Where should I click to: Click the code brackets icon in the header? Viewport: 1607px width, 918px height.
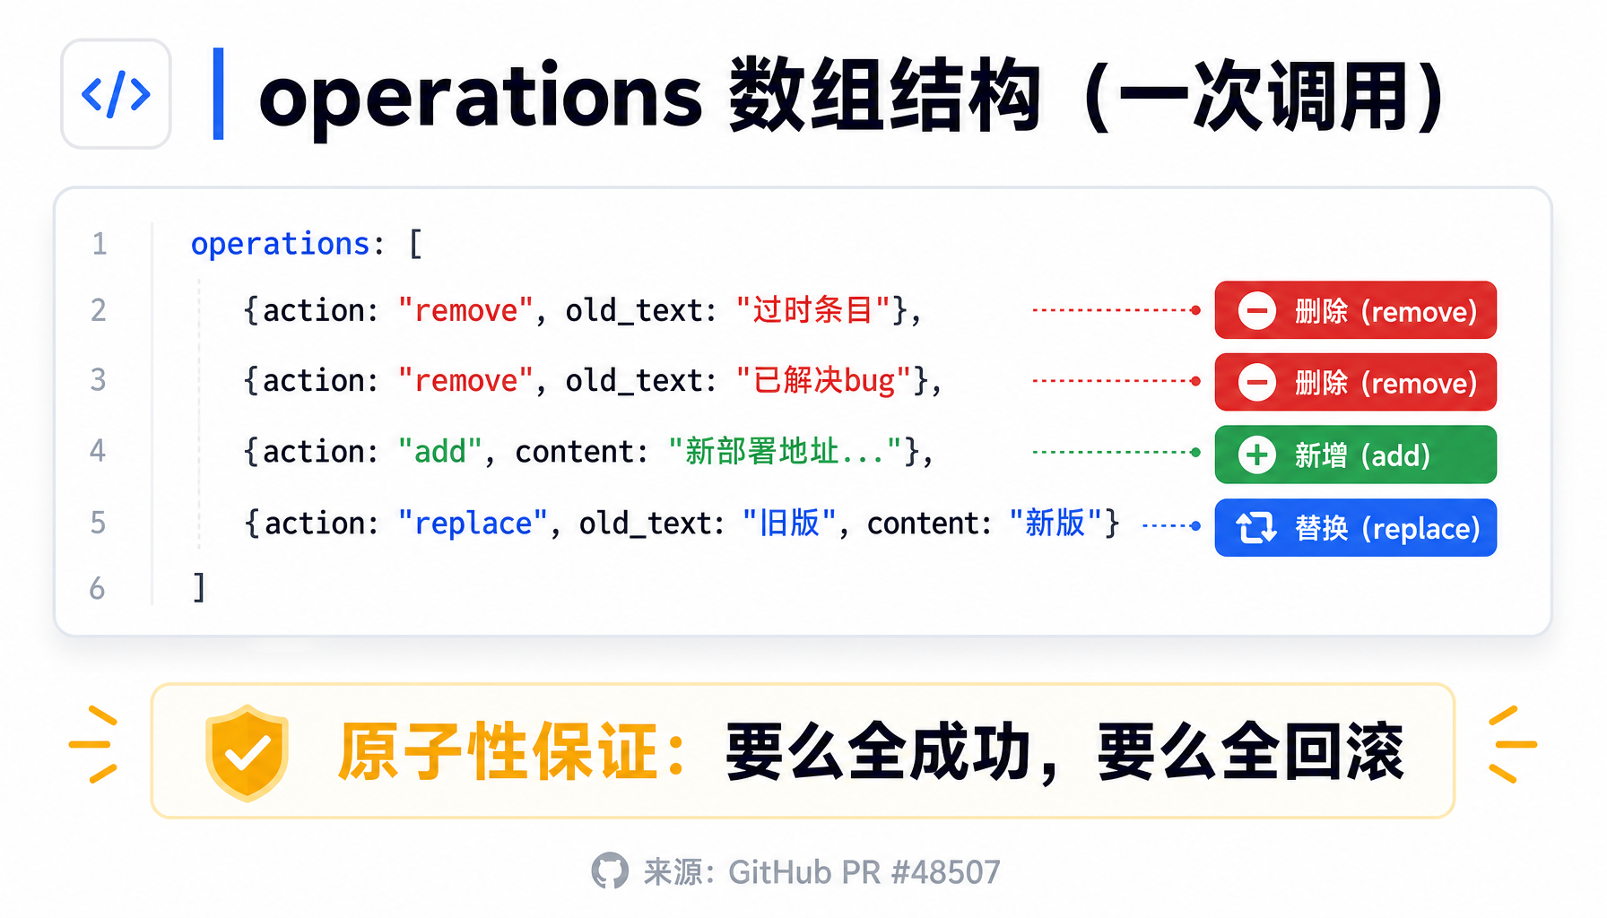coord(116,94)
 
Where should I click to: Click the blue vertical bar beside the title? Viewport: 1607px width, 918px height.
coord(218,94)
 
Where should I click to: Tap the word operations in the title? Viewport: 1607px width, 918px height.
coord(481,96)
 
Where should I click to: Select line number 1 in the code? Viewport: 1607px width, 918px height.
coord(100,244)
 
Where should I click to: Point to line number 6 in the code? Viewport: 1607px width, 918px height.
coord(98,589)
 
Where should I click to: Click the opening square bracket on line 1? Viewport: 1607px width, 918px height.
coord(415,244)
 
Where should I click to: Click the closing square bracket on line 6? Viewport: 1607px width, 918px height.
coord(200,588)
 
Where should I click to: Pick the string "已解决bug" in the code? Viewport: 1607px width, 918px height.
coord(823,381)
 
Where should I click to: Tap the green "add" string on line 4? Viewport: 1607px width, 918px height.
coord(441,451)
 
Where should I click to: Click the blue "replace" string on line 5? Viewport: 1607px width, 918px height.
coord(473,524)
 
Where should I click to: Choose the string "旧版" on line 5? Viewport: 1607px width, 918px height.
coord(790,523)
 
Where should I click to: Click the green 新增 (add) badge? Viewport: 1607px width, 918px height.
coord(1356,455)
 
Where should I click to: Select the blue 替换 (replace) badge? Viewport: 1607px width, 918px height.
coord(1356,528)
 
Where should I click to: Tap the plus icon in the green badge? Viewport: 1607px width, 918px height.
coord(1257,455)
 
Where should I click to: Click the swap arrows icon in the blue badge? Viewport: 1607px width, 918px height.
coord(1256,528)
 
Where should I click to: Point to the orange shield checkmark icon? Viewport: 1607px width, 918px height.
coord(248,752)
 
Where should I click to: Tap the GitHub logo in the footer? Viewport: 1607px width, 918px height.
coord(610,870)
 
